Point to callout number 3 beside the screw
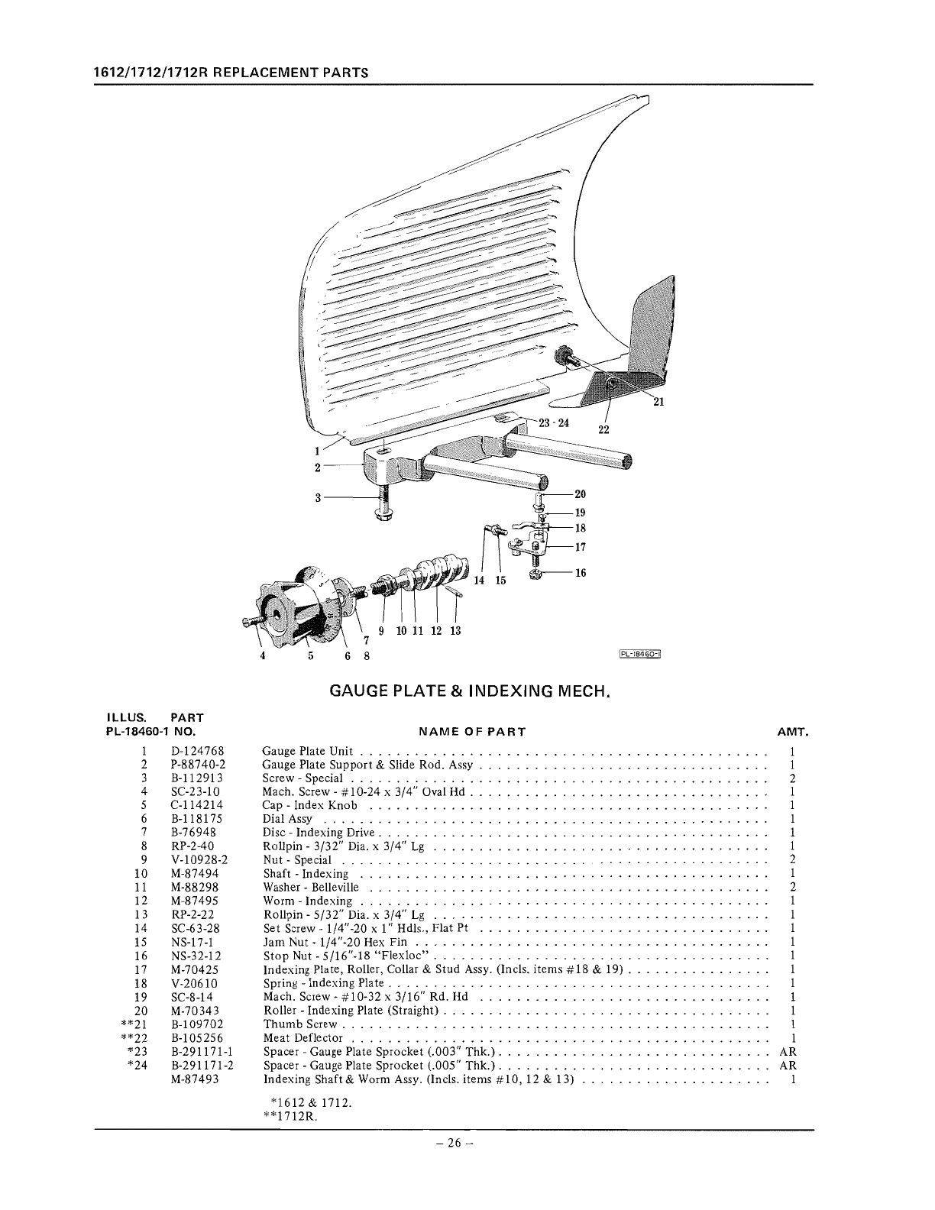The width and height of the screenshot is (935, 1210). pyautogui.click(x=316, y=498)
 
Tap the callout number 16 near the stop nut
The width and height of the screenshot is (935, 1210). pyautogui.click(x=581, y=573)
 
